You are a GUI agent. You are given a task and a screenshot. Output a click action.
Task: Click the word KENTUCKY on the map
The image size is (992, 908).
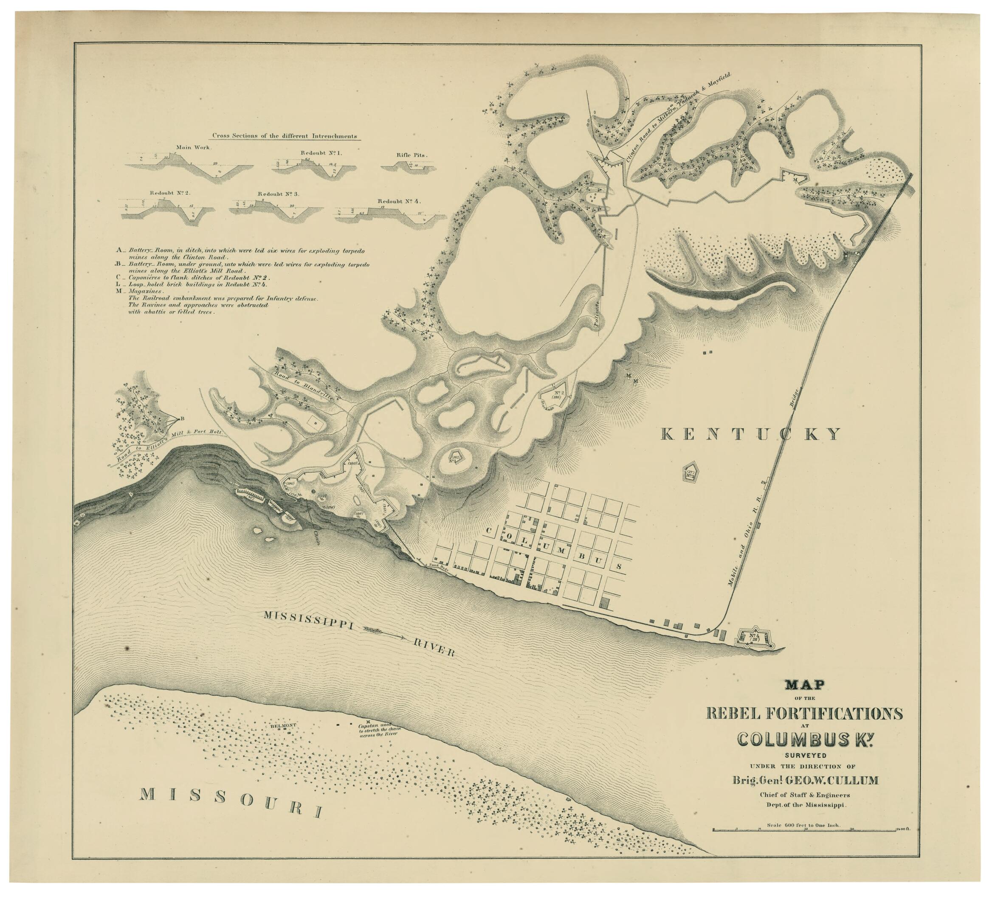click(750, 434)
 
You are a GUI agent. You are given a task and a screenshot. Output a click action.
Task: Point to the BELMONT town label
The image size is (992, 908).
click(283, 725)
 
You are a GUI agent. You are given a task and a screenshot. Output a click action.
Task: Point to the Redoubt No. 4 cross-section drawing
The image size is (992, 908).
click(389, 215)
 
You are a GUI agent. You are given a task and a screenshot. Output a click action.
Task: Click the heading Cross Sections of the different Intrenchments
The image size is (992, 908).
click(285, 136)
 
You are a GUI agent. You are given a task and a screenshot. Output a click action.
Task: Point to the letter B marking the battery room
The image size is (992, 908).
click(182, 419)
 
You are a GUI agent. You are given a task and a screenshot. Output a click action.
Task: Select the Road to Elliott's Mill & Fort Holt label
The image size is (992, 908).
click(167, 446)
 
